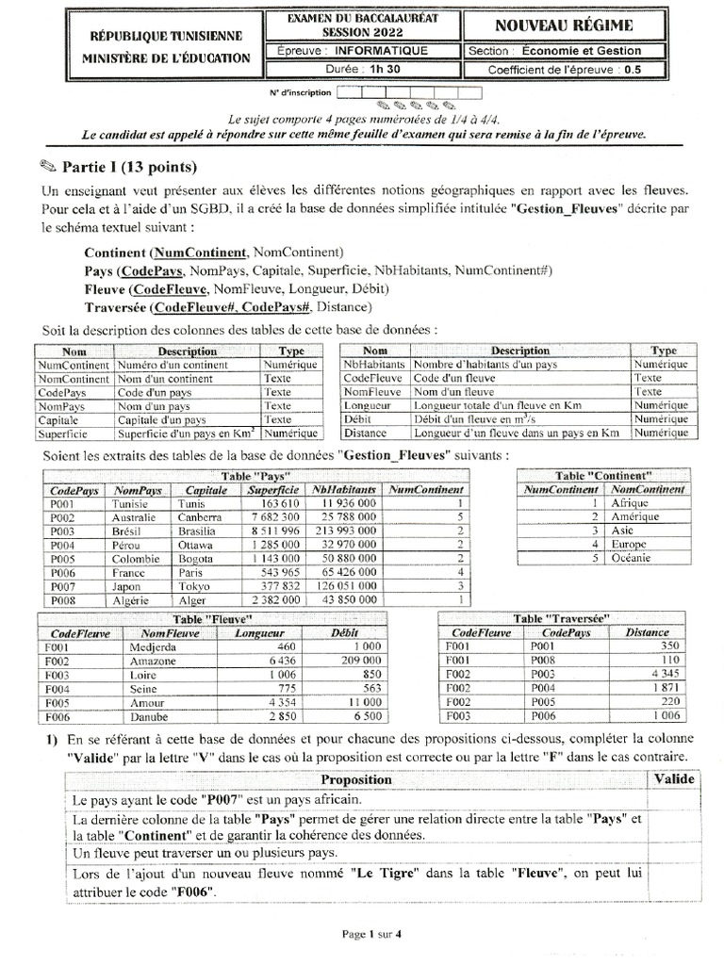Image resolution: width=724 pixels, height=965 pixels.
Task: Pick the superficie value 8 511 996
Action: [271, 532]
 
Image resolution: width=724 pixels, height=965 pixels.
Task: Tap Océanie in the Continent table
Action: [631, 558]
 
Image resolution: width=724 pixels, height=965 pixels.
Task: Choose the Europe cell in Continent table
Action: [629, 545]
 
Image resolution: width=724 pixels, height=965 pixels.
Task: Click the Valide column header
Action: [673, 779]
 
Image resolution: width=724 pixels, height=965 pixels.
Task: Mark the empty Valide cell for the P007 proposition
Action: [673, 799]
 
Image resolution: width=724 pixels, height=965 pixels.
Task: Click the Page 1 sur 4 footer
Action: [371, 934]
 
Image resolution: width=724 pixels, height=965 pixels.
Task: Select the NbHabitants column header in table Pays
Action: [344, 490]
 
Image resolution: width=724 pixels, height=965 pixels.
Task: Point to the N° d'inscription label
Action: [300, 92]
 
